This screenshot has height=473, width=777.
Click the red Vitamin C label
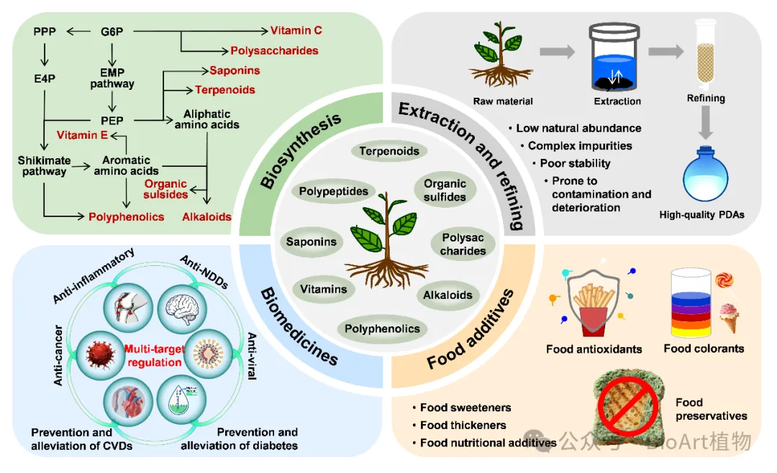296,31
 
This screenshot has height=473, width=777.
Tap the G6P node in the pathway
112,32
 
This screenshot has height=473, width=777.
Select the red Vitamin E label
82,135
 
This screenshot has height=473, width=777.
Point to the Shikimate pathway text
44,166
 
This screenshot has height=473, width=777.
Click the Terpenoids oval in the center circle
389,151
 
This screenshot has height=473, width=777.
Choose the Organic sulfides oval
445,190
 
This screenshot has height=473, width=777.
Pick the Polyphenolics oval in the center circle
382,329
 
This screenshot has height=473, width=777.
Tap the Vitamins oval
324,289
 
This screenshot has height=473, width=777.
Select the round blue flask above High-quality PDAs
705,175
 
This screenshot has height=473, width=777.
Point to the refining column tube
706,51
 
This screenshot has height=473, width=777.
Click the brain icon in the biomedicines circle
182,308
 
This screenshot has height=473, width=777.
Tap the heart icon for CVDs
128,400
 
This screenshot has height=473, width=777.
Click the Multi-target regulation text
155,356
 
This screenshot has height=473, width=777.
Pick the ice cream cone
728,318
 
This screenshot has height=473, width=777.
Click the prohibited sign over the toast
628,405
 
